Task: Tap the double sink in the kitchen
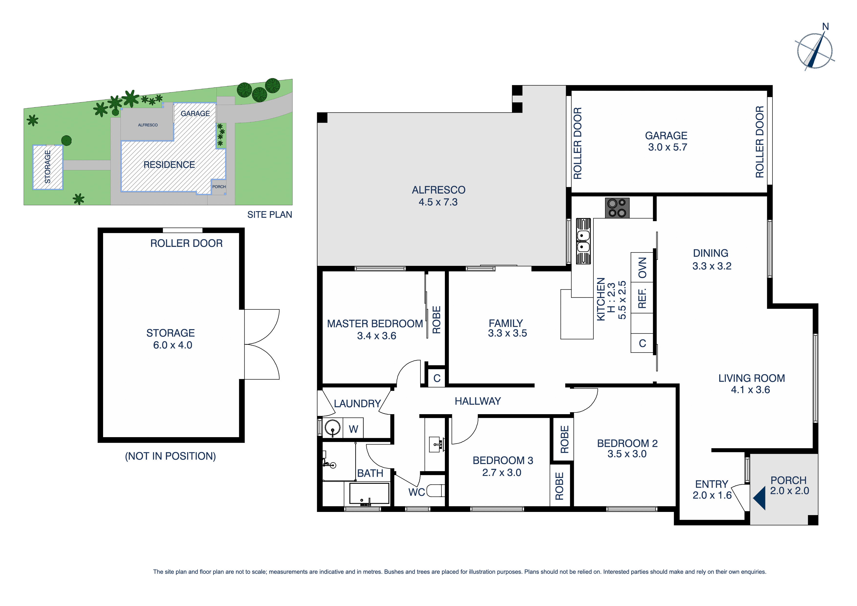click(x=583, y=241)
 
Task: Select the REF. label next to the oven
click(x=642, y=298)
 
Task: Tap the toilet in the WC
click(x=436, y=490)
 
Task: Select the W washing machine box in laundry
click(x=353, y=429)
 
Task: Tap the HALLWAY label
click(x=477, y=401)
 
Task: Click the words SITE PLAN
click(x=269, y=215)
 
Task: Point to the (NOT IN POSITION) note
click(x=170, y=456)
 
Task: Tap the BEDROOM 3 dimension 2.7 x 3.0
click(x=501, y=472)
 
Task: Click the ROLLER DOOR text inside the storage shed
click(x=186, y=243)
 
